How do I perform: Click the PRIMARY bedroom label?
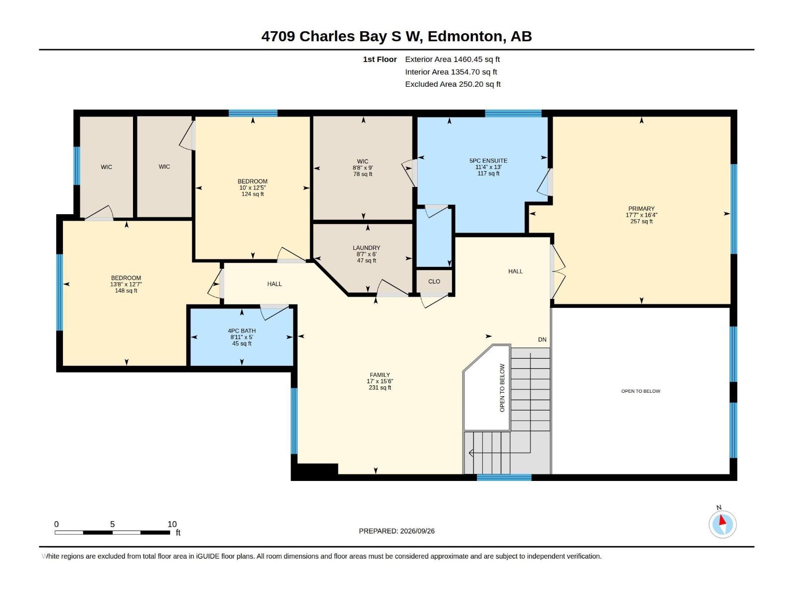point(641,208)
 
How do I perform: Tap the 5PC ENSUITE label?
point(488,161)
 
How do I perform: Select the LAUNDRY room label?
point(366,248)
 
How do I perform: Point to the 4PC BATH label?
point(242,331)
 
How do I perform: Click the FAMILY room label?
point(380,375)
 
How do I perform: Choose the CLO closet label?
point(434,282)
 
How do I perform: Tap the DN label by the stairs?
point(542,340)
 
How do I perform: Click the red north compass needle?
point(722,520)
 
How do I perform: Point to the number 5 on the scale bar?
point(113,524)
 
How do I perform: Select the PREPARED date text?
point(397,531)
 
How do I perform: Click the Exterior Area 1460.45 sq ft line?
point(453,59)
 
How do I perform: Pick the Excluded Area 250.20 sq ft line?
point(453,84)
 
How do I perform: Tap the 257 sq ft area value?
point(641,222)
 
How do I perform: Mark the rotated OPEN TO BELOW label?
point(502,388)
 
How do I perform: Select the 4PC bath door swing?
point(275,312)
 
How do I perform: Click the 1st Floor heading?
point(380,59)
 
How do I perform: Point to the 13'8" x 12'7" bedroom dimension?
point(126,284)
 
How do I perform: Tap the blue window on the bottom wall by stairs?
point(504,477)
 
